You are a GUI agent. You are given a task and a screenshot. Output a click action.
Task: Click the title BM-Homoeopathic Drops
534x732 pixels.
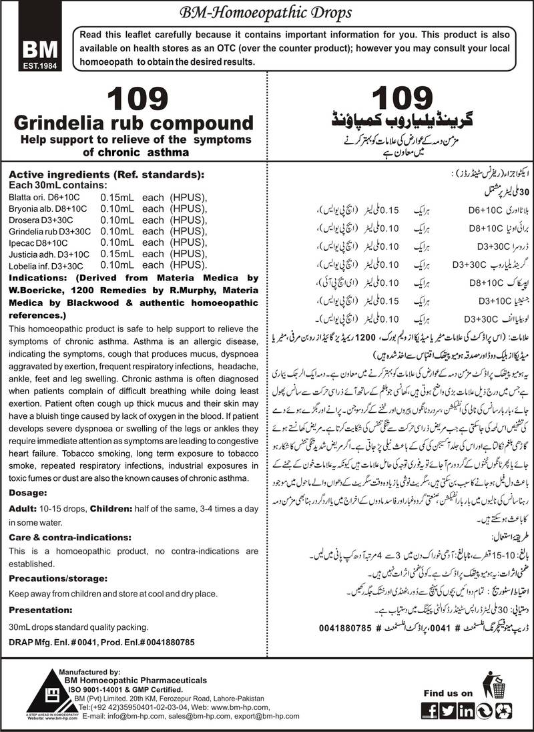click(266, 12)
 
